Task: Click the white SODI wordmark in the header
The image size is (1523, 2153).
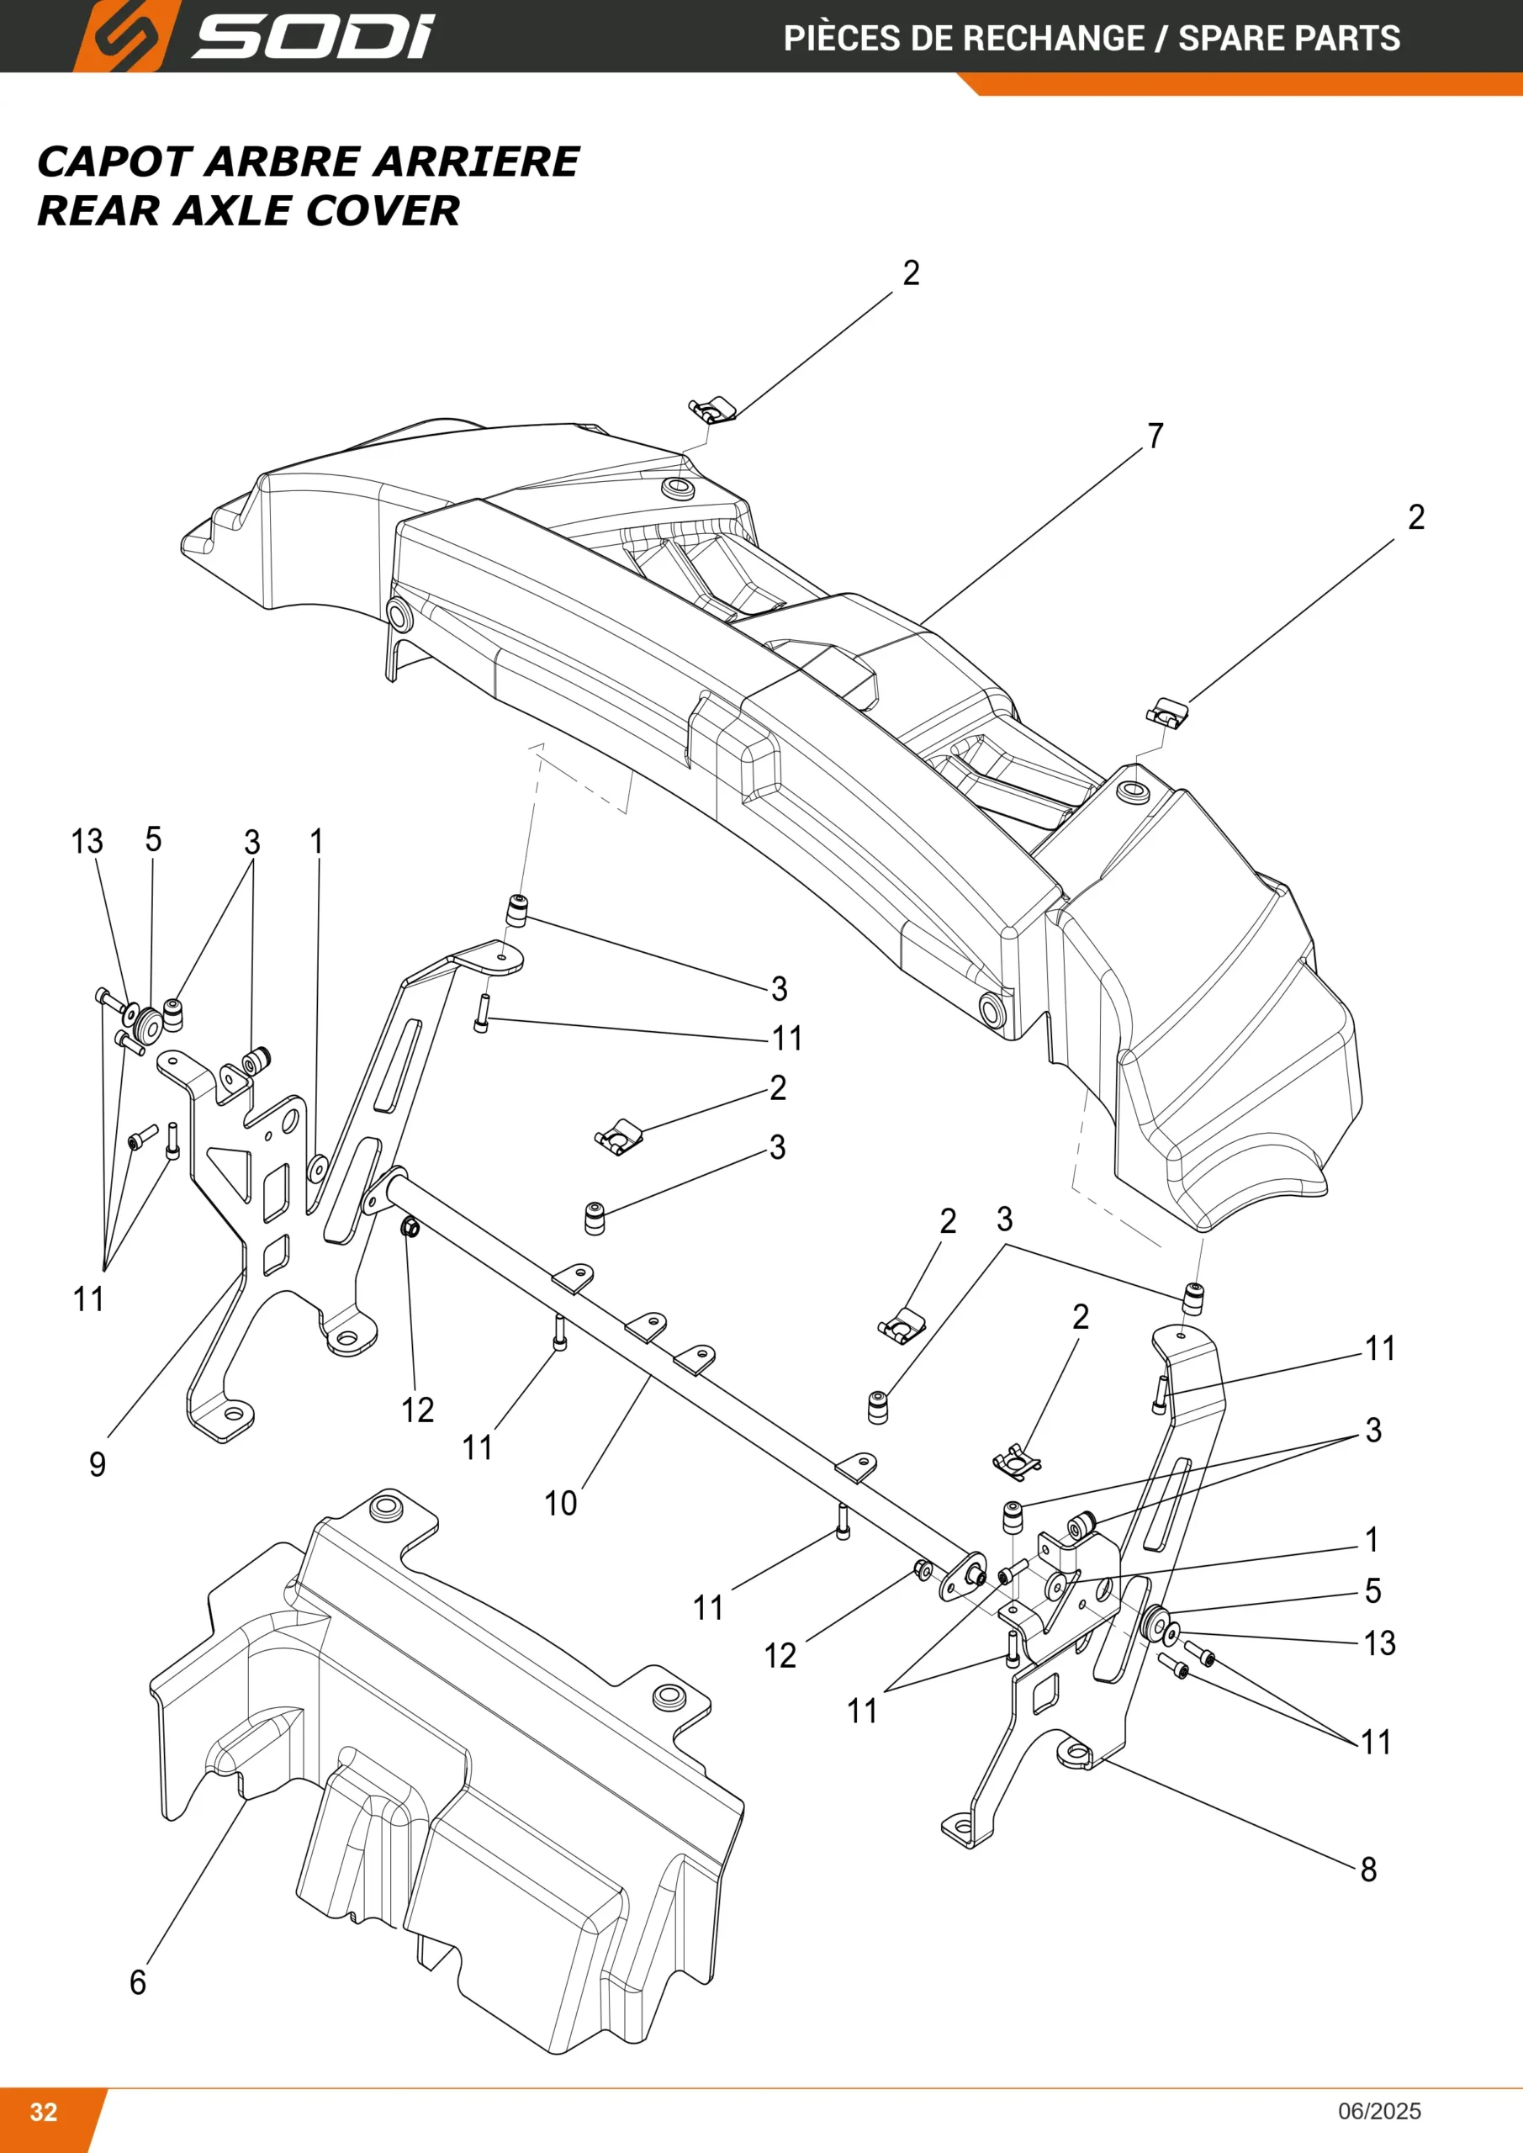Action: coord(313,38)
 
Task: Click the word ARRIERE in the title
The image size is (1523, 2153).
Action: coord(476,161)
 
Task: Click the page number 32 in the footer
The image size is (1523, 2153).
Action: coord(44,2112)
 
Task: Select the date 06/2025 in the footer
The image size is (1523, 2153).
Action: coord(1379,2112)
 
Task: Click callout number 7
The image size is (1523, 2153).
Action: coord(1155,436)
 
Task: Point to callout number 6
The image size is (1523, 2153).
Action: coord(138,1982)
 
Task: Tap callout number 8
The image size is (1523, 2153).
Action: coord(1368,1870)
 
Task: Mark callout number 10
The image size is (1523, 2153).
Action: coord(561,1504)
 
